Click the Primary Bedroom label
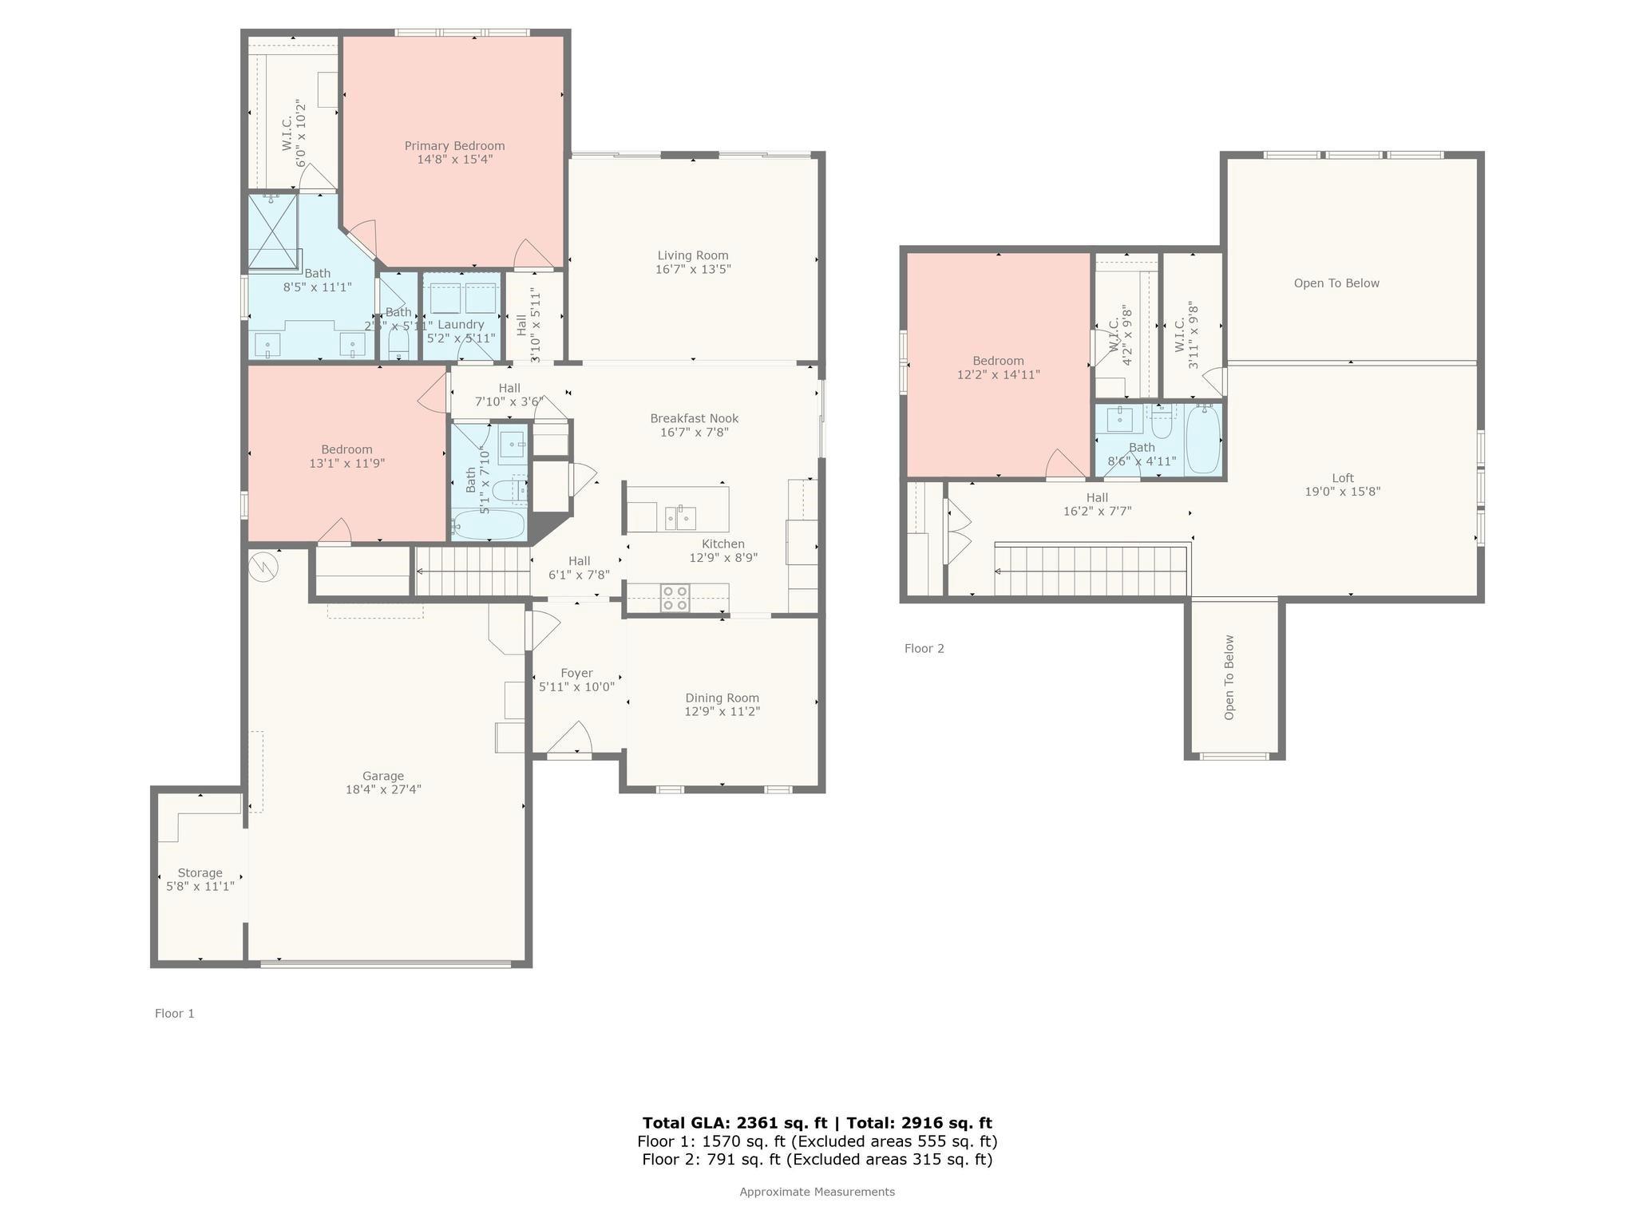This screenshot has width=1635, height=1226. (x=454, y=145)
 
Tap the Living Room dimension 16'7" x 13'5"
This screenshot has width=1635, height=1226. (x=693, y=270)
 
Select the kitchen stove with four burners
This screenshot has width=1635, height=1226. (x=675, y=598)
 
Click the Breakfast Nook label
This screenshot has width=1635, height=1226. (x=694, y=418)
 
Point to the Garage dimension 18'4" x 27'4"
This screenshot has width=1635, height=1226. (x=383, y=789)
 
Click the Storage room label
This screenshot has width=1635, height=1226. (x=200, y=872)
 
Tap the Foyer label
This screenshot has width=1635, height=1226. (x=576, y=673)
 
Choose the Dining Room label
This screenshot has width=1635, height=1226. (x=722, y=698)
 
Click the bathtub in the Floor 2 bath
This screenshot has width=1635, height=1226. (x=1203, y=440)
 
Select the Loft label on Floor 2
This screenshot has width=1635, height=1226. (x=1343, y=478)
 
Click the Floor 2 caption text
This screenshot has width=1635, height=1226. (x=924, y=648)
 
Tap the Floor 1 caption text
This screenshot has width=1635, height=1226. (x=174, y=1013)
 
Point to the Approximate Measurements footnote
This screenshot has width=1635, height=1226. (x=817, y=1192)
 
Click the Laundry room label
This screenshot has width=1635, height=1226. (x=461, y=324)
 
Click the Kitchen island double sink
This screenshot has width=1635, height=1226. (x=680, y=518)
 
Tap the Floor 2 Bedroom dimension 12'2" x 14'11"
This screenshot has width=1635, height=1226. (x=998, y=374)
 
